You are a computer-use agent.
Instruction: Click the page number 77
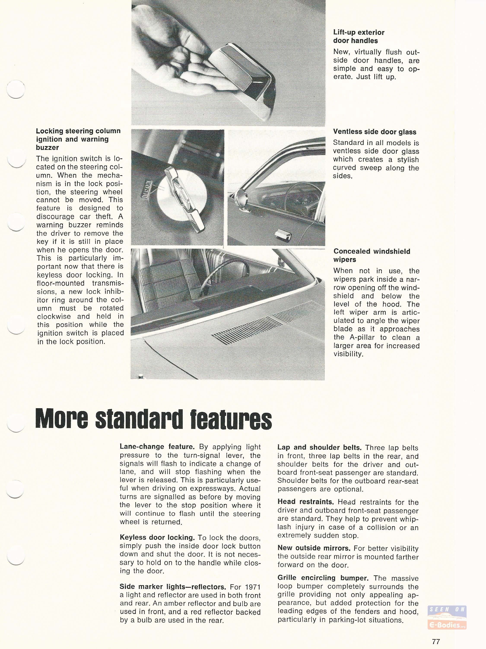(436, 641)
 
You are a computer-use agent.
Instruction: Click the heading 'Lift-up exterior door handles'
(359, 37)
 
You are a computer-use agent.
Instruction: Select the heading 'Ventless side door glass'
(375, 132)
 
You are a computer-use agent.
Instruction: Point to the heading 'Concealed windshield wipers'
(372, 255)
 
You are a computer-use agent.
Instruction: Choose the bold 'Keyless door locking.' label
(157, 538)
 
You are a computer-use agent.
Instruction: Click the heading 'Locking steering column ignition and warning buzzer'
(78, 139)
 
